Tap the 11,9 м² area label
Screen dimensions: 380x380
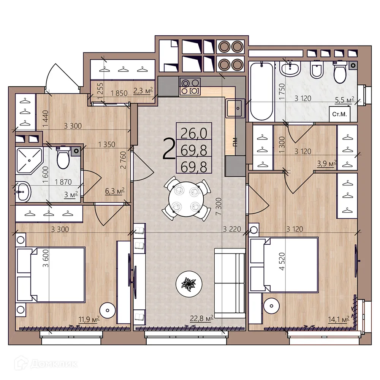[x=89, y=318]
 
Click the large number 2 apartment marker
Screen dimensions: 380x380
[x=168, y=149]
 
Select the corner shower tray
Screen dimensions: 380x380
[x=29, y=161]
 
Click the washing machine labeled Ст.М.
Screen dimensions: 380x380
[x=339, y=114]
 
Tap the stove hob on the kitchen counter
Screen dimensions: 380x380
[x=190, y=87]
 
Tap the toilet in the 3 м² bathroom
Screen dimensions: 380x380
[x=63, y=158]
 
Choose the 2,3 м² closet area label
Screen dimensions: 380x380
[x=143, y=90]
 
